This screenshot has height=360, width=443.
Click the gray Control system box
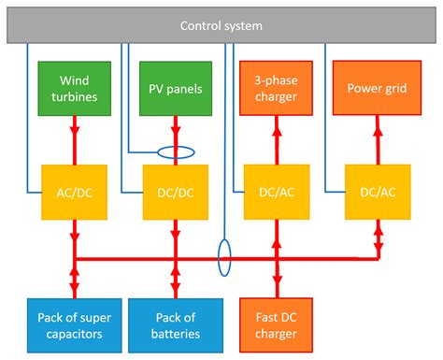click(221, 26)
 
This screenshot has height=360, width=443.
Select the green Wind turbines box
click(73, 88)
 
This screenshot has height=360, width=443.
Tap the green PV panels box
click(175, 88)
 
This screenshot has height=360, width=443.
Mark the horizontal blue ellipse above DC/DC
click(175, 151)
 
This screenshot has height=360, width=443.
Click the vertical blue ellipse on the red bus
click(224, 256)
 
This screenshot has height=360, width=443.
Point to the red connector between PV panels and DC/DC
click(175, 131)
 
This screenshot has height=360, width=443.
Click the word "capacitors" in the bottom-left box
click(73, 333)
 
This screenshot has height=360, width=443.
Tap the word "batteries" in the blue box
click(175, 333)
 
